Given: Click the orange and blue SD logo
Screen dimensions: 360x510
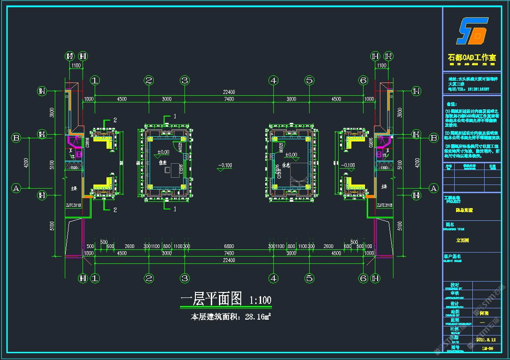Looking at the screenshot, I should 472,31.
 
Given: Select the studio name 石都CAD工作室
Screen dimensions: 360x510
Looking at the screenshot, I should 472,58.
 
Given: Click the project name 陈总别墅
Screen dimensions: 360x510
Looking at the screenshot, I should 464,210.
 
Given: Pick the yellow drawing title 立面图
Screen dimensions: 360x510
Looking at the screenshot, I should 462,241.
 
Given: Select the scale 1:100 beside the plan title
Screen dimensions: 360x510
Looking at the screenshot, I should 260,300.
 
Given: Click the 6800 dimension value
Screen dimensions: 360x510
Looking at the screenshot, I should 229,246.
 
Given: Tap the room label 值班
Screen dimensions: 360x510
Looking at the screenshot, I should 163,162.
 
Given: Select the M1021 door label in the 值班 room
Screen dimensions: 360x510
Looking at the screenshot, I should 180,148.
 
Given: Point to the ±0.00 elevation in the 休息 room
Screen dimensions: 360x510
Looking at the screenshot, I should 291,155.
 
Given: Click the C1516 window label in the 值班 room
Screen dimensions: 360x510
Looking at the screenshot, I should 181,169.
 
